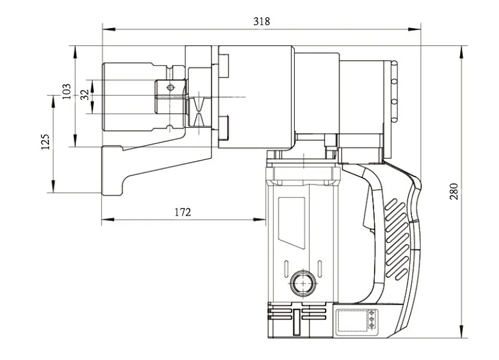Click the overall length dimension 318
(261, 21)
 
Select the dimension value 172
(182, 212)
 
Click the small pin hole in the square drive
(170, 88)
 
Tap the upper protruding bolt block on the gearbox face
(225, 66)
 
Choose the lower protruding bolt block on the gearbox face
(225, 127)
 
